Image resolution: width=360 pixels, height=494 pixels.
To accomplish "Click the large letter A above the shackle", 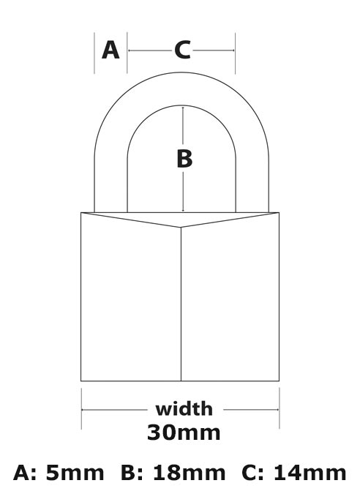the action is point(110,50).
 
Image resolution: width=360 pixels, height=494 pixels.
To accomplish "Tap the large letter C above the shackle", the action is point(183,50).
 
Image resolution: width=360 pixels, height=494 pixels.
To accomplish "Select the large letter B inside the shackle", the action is point(184,159).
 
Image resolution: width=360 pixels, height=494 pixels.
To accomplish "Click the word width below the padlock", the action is point(184,408).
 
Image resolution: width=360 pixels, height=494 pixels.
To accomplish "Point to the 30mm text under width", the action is point(184,433).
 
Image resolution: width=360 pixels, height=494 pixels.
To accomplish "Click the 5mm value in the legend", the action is point(75,473).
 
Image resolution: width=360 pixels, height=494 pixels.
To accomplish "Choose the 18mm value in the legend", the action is point(190,473).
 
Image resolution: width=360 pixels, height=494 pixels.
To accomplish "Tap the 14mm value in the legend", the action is point(310,473).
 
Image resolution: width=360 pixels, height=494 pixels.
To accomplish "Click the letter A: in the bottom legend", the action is point(26,473).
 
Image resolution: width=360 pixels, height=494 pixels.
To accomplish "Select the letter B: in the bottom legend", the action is point(132,473).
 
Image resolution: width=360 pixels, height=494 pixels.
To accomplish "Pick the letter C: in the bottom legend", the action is point(253,473).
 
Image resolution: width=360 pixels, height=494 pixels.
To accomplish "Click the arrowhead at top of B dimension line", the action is point(183,108).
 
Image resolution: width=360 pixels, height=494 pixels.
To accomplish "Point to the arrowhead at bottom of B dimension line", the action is point(183,211).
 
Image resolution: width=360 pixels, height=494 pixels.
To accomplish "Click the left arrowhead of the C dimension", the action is point(129,50).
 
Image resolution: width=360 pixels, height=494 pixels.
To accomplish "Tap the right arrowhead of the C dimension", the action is point(233,50).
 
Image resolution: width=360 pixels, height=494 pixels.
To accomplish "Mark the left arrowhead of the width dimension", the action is point(83,410).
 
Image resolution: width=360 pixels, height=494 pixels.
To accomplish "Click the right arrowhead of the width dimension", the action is point(277,410).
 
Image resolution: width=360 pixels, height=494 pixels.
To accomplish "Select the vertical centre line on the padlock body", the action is point(181,304).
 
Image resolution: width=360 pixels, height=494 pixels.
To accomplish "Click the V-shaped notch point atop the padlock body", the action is point(181,227).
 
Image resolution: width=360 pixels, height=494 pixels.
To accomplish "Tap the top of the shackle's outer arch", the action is point(181,72).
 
